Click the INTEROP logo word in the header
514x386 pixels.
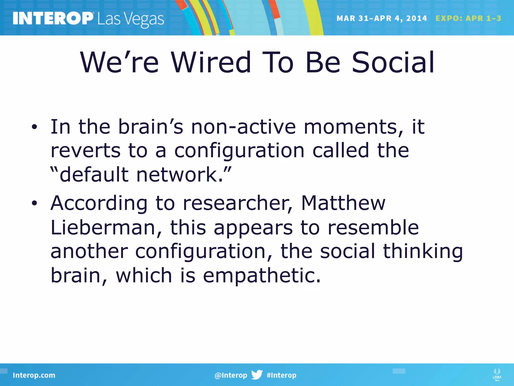pos(53,18)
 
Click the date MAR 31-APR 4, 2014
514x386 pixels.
pos(381,18)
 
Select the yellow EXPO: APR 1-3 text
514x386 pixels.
pos(468,18)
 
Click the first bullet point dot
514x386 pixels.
pos(34,127)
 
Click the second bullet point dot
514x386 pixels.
pos(34,203)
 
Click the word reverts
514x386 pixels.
pos(86,151)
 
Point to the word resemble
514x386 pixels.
pos(373,227)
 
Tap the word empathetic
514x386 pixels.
pos(262,275)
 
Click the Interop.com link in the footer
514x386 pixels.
pos(34,375)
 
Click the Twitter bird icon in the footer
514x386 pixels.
pos(257,375)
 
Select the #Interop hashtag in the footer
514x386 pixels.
pos(281,375)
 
